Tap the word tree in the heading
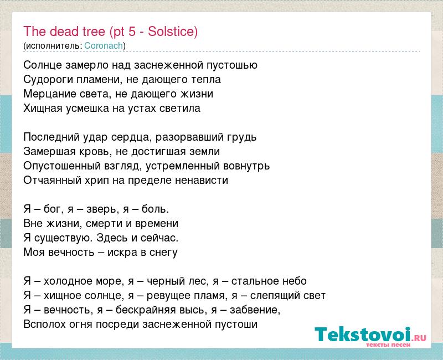pos(94,31)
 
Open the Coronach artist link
pos(104,45)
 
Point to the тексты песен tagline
pos(388,344)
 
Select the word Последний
pos(51,137)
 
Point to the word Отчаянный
pos(53,181)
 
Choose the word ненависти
pos(202,181)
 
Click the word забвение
pos(255,310)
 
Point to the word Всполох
pos(45,324)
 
